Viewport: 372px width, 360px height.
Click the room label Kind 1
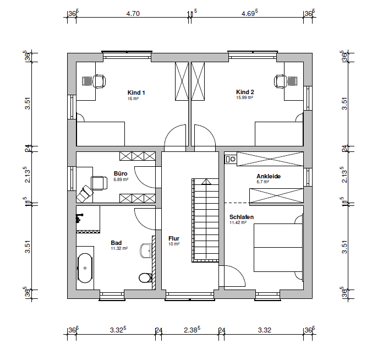click(x=136, y=92)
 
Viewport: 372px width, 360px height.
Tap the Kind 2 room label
click(x=245, y=92)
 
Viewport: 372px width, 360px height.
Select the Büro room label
click(x=121, y=173)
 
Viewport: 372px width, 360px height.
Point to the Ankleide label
click(x=269, y=176)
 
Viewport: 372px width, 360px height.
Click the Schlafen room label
click(x=242, y=217)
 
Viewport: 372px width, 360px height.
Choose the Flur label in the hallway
click(x=174, y=238)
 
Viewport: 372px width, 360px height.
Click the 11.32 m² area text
click(x=119, y=248)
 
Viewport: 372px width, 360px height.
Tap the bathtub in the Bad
click(x=85, y=268)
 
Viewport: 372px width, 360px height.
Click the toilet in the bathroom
click(x=145, y=277)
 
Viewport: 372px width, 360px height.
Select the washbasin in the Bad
click(x=146, y=250)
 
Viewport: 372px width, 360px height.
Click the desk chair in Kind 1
click(x=99, y=81)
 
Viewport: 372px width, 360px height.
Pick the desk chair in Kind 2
click(x=280, y=81)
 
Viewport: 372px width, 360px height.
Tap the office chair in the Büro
click(x=99, y=183)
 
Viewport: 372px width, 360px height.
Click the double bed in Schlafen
click(x=278, y=248)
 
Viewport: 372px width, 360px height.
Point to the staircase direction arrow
click(x=206, y=182)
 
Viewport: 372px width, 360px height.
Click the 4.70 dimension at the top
click(x=133, y=14)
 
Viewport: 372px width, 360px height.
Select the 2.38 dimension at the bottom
click(x=192, y=330)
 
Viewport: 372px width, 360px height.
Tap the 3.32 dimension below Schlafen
click(x=264, y=330)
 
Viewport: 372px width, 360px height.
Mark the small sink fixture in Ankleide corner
click(x=231, y=159)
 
